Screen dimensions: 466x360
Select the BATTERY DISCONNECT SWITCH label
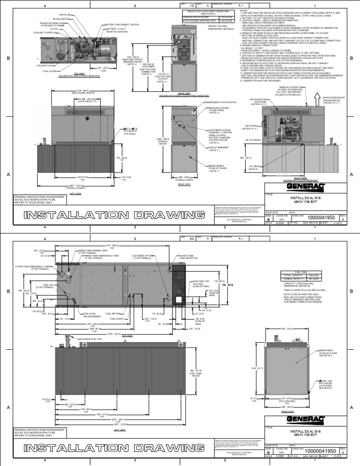(121, 24)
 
